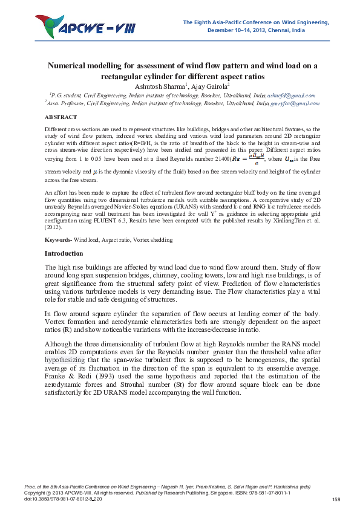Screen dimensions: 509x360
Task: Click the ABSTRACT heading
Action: [61, 117]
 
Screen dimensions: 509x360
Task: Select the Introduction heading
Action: [64, 253]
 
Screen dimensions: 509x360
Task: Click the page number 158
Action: [337, 499]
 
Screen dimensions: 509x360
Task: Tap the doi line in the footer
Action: [63, 499]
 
